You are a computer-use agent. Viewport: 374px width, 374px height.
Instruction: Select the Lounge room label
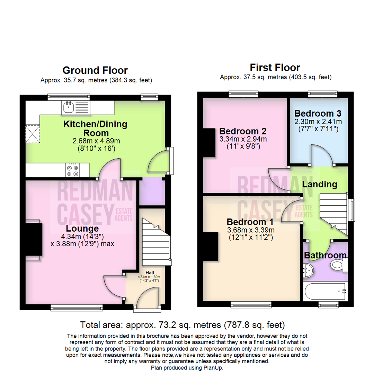coord(82,229)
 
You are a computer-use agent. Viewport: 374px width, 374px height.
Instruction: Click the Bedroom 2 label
coord(243,132)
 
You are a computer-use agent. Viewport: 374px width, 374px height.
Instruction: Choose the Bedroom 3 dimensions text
coord(318,125)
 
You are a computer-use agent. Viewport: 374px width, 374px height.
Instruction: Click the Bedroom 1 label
coord(250,222)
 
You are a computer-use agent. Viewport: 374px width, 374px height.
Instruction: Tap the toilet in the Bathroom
coord(337,266)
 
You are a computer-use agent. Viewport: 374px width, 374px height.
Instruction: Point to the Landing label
coord(320,185)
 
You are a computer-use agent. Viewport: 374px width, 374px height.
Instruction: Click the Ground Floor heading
coord(95,70)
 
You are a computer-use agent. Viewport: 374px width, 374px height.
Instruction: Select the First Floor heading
coord(275,67)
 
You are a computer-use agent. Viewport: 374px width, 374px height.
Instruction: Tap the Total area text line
coord(182,325)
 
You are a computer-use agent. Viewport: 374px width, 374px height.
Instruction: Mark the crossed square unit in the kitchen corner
coord(33,134)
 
